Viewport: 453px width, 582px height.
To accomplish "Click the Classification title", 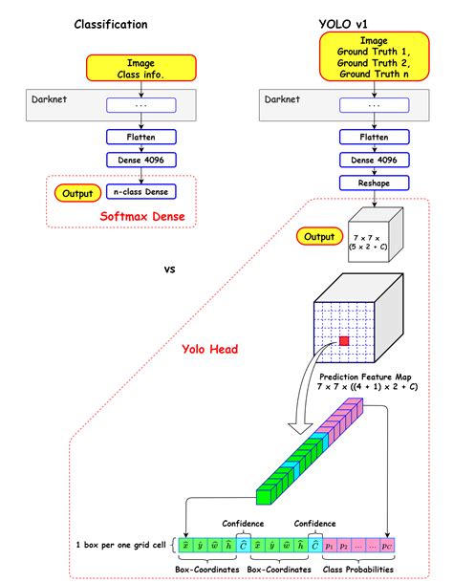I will coord(111,24).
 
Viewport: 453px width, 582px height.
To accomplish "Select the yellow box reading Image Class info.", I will coord(140,68).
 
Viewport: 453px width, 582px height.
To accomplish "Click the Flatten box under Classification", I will coord(140,137).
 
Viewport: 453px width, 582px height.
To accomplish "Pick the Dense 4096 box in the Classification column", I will coord(140,161).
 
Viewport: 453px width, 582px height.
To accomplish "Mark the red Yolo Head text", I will coord(209,349).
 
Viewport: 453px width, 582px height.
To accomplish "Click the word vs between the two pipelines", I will coord(170,269).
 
